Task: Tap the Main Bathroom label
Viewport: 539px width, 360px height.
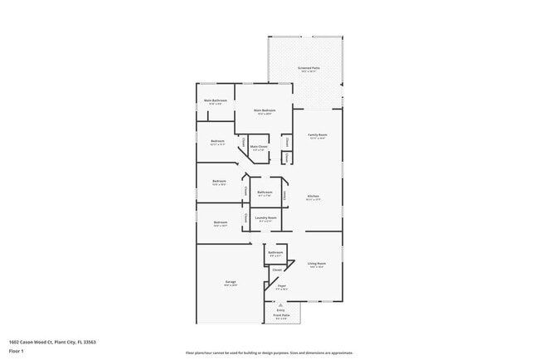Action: click(216, 100)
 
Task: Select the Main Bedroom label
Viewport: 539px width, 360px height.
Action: click(264, 109)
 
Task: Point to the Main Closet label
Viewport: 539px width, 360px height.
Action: click(258, 146)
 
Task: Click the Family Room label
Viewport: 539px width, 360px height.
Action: click(318, 134)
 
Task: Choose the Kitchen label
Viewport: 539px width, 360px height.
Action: click(313, 197)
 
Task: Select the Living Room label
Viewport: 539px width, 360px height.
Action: click(317, 264)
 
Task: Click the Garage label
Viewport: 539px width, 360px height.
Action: click(230, 282)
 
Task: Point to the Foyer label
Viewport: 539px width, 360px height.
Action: click(283, 285)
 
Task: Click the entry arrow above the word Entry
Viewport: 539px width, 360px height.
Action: click(280, 304)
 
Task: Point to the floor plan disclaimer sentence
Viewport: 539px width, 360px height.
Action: click(269, 353)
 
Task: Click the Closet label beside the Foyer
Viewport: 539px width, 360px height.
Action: click(277, 270)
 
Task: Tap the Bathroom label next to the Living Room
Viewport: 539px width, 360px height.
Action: click(276, 252)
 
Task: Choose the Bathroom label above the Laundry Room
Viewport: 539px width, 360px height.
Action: click(265, 192)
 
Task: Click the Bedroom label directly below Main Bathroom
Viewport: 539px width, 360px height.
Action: click(217, 141)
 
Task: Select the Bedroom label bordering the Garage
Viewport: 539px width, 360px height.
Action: click(221, 222)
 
